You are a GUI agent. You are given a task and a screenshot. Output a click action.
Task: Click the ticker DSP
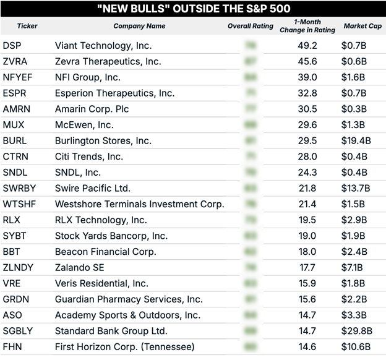point(12,45)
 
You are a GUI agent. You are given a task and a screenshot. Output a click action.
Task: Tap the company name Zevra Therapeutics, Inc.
point(108,61)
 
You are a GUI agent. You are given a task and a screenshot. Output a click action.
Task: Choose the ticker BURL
point(15,141)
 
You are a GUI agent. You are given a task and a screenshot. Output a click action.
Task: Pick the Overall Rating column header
point(251,27)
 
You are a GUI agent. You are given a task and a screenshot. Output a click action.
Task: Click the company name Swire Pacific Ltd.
point(93,188)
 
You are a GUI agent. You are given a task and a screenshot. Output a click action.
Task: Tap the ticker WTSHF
point(19,204)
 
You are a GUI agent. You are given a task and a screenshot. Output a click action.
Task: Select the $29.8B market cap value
point(356,331)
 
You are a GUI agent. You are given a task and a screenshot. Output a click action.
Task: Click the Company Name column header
point(139,27)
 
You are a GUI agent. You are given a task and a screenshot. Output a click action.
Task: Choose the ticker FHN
point(12,346)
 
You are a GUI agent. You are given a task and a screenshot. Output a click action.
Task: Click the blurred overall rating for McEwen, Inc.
point(251,125)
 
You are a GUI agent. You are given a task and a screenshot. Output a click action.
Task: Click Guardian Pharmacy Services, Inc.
point(129,299)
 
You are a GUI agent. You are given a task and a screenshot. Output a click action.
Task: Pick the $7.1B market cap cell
point(353,267)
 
